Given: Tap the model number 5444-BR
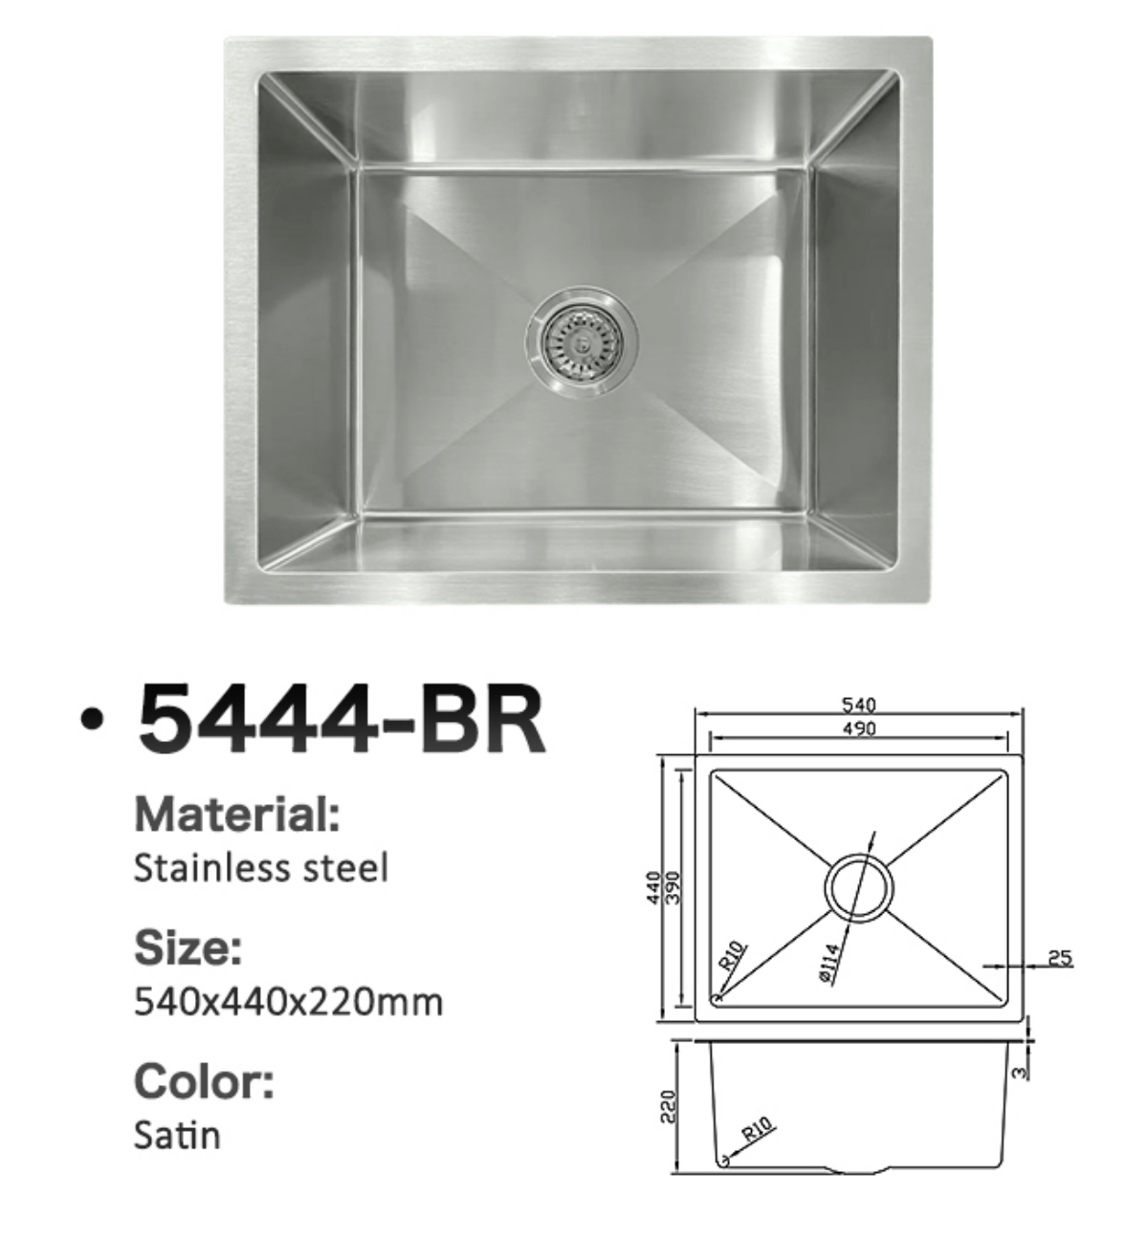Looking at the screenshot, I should click(342, 718).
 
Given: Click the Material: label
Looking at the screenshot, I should click(237, 815).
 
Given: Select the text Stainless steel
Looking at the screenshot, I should click(261, 868).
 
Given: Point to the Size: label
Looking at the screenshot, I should click(188, 947).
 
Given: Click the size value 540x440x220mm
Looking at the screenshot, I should click(289, 1002).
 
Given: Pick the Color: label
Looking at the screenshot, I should click(204, 1081).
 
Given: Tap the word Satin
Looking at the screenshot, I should click(178, 1135).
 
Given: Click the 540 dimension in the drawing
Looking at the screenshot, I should click(858, 706).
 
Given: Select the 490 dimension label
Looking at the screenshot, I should click(858, 728).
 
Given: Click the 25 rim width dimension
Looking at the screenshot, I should click(1060, 957).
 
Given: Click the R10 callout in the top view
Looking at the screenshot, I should click(733, 956).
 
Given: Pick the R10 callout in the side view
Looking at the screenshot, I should click(758, 1132).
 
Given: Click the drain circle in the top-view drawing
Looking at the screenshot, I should click(858, 886).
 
